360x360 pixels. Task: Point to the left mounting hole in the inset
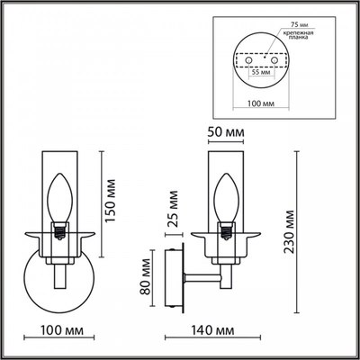[249, 64]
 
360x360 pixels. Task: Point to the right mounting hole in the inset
[274, 64]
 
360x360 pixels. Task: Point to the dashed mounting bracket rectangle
[261, 61]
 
